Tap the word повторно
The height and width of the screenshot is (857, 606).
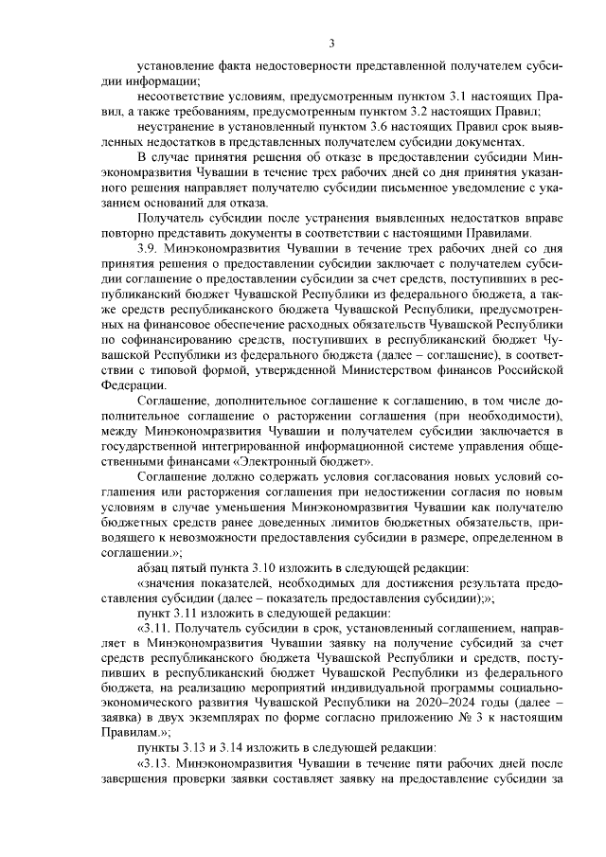129,233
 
